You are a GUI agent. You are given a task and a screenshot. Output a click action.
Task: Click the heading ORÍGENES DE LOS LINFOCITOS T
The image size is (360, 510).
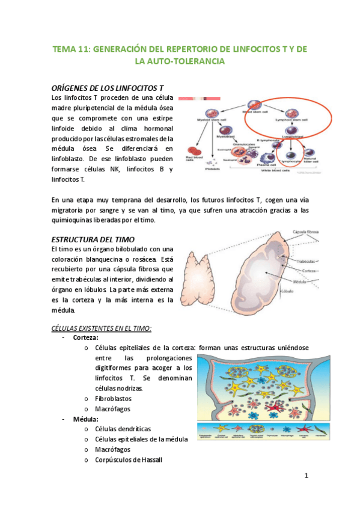(108, 88)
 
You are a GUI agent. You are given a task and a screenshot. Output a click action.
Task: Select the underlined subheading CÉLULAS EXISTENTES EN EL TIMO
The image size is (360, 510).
(100, 328)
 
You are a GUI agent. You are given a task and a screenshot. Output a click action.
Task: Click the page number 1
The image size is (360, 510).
(306, 476)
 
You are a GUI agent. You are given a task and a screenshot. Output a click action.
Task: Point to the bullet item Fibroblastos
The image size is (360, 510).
(113, 398)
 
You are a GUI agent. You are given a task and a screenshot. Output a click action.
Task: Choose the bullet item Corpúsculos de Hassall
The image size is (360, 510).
(128, 459)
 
